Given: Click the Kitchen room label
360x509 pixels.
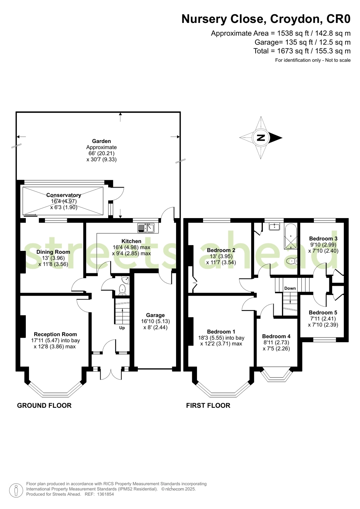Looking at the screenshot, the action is pyautogui.click(x=131, y=241).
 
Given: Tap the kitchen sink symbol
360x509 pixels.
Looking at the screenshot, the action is pyautogui.click(x=146, y=228).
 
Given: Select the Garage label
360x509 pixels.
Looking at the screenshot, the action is pyautogui.click(x=155, y=315).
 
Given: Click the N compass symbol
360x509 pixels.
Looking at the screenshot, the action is pyautogui.click(x=261, y=138).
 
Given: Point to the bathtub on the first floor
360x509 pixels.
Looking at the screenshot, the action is pyautogui.click(x=291, y=236).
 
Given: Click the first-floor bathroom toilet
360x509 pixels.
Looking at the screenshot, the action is pyautogui.click(x=292, y=262).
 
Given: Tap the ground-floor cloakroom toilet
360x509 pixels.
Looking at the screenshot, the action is pyautogui.click(x=123, y=289).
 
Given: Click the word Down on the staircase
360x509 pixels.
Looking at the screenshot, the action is pyautogui.click(x=290, y=288).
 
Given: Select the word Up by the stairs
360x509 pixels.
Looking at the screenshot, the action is pyautogui.click(x=122, y=328).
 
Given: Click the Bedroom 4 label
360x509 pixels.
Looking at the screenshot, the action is pyautogui.click(x=276, y=336).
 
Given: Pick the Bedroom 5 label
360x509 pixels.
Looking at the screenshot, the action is pyautogui.click(x=323, y=313).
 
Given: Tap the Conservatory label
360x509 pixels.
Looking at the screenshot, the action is pyautogui.click(x=64, y=195).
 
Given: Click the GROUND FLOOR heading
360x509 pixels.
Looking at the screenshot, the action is pyautogui.click(x=44, y=405).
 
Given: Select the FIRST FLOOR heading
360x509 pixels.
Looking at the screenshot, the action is pyautogui.click(x=208, y=405).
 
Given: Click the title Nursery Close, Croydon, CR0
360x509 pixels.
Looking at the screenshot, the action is pyautogui.click(x=266, y=19).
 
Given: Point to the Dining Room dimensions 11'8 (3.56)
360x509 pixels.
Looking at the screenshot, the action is pyautogui.click(x=53, y=264).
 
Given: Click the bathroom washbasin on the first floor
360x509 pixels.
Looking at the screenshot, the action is pyautogui.click(x=274, y=227).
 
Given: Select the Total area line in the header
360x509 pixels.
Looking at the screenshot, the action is pyautogui.click(x=302, y=51).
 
